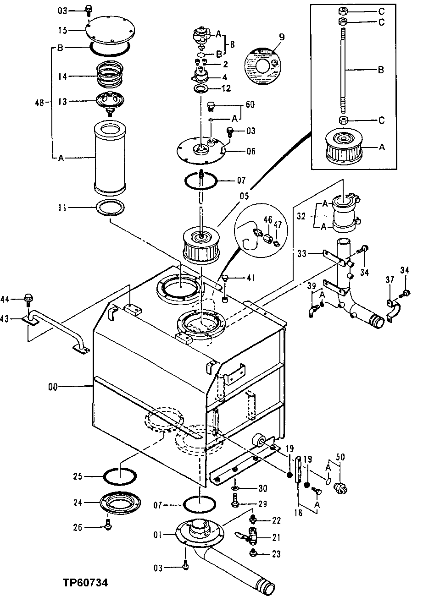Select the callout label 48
(40, 104)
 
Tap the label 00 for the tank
(54, 387)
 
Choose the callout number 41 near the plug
(251, 277)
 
